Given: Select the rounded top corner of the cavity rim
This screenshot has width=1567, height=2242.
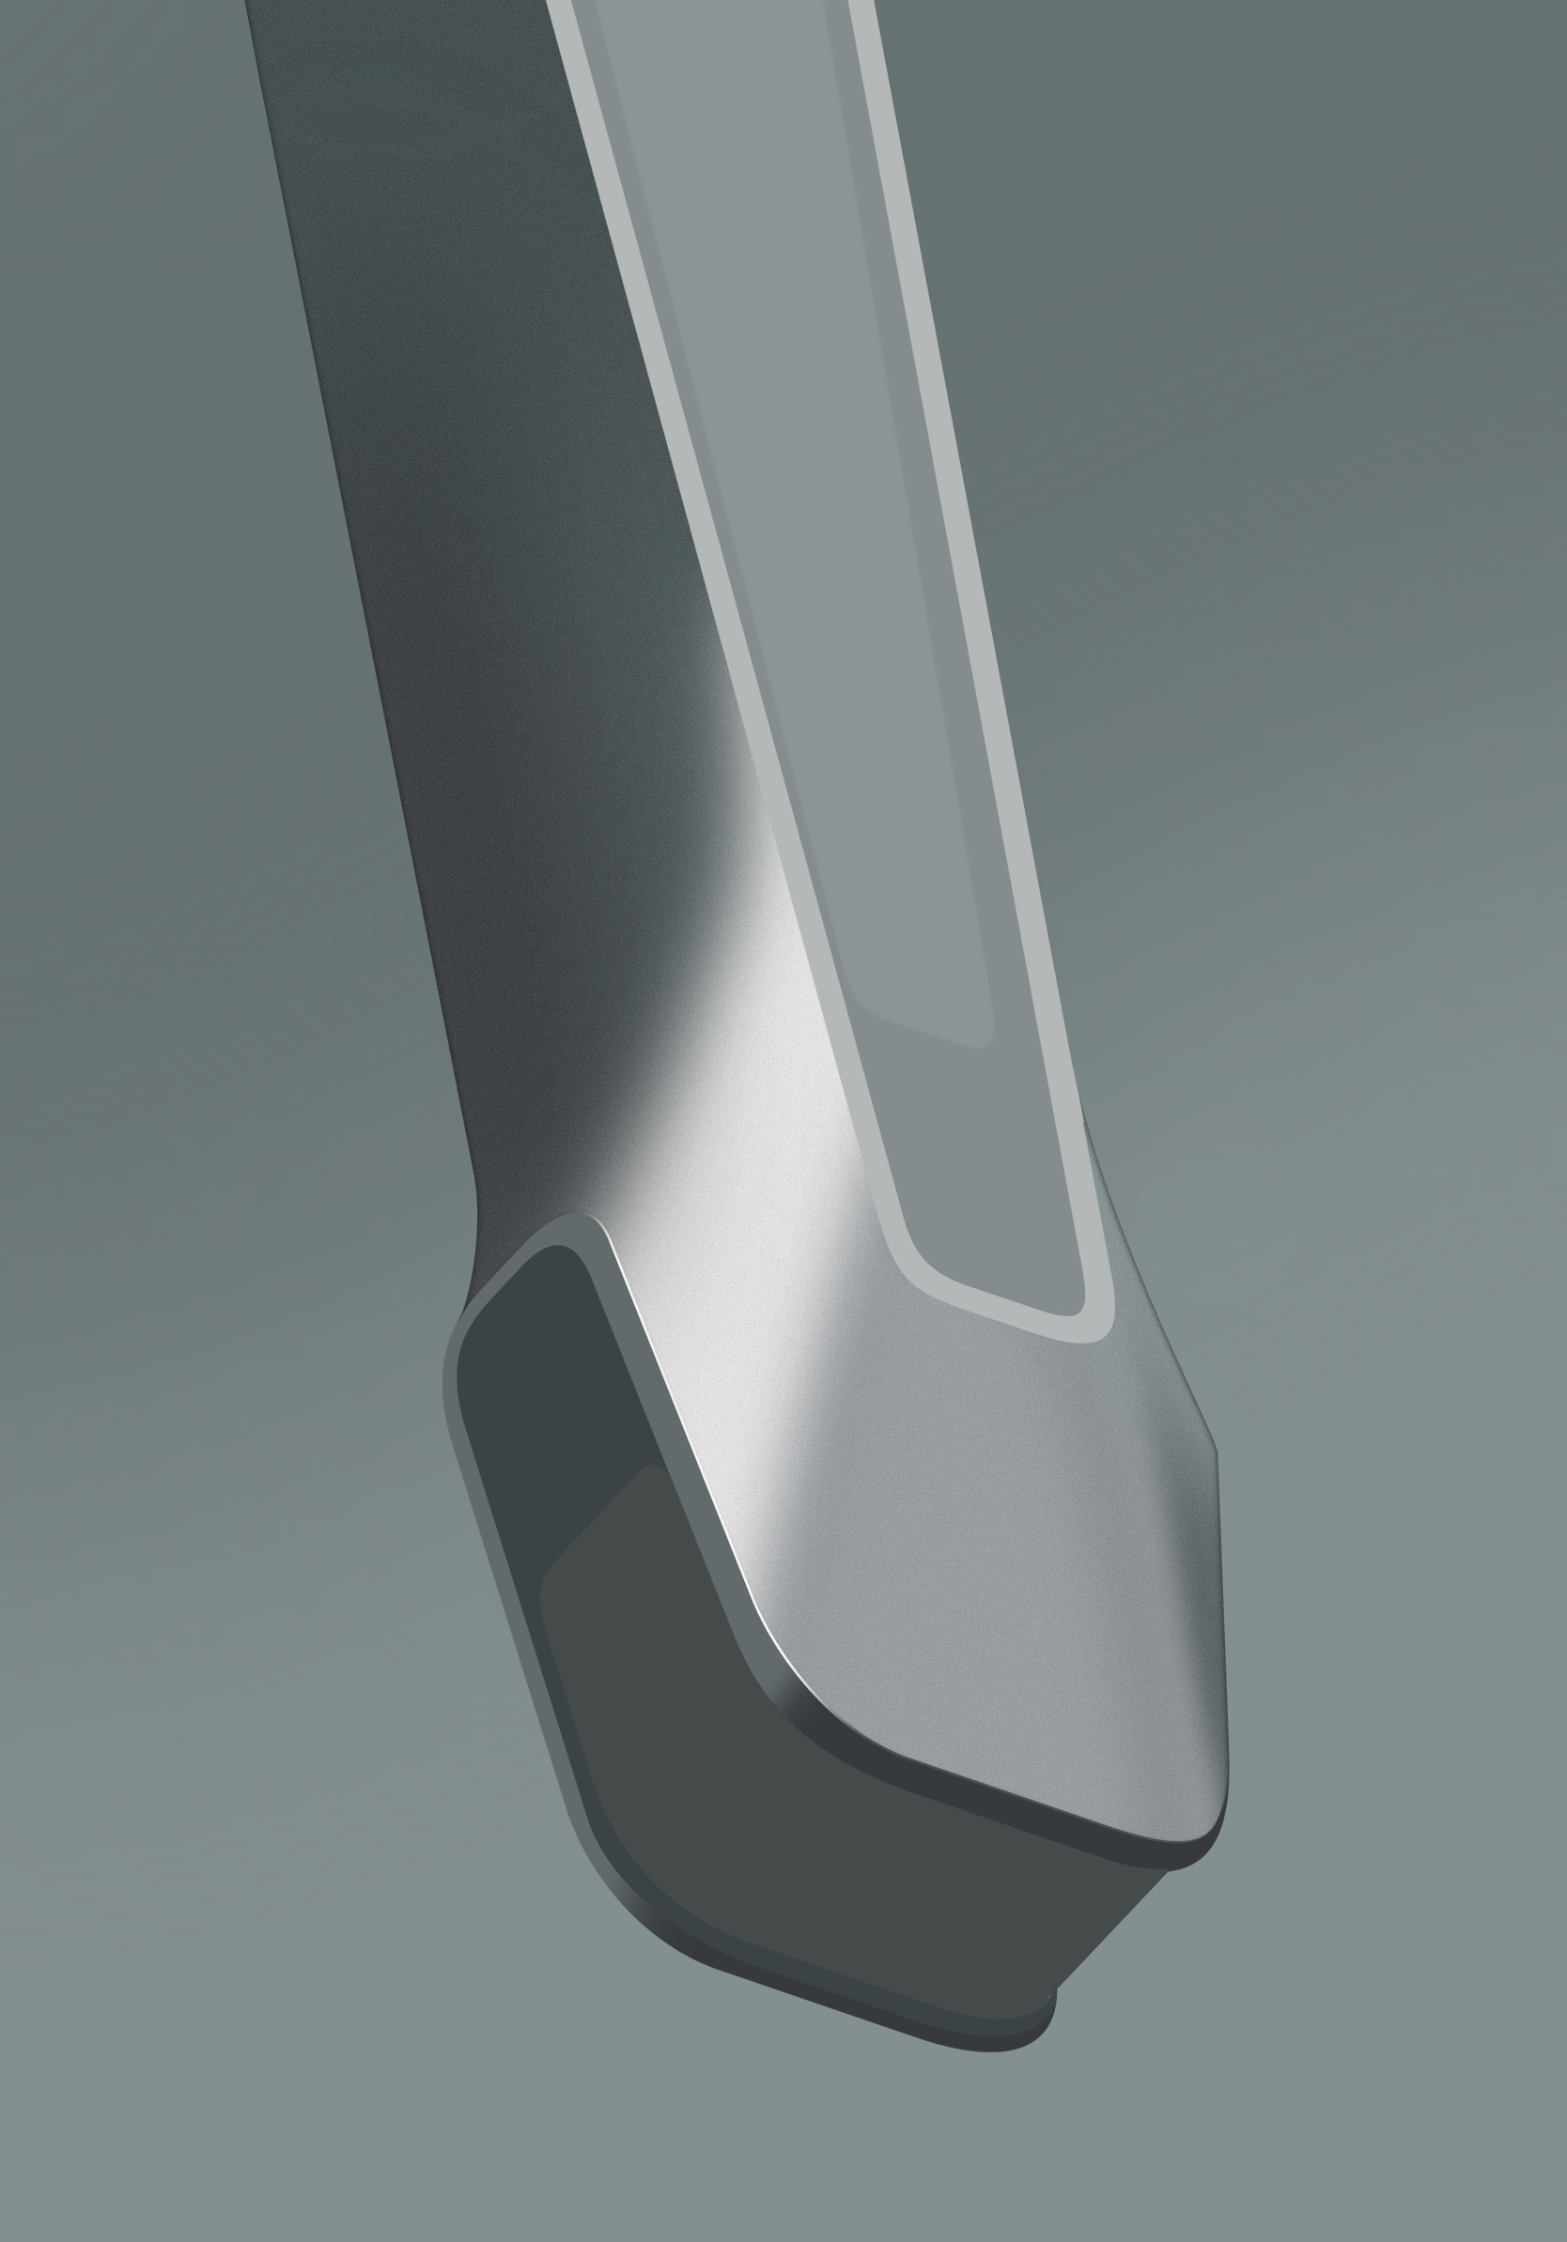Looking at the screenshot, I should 577,1226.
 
